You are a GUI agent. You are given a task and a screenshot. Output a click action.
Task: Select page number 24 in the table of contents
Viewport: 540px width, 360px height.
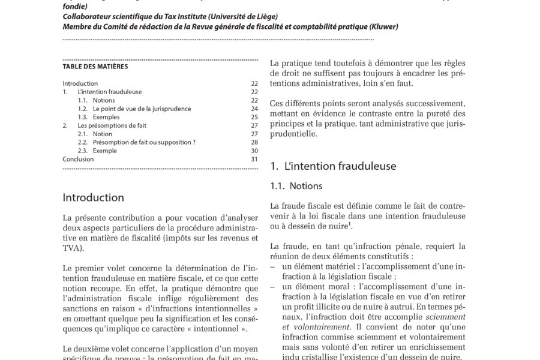pos(254,109)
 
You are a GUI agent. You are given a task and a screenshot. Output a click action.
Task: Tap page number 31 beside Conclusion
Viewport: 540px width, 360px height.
pos(254,159)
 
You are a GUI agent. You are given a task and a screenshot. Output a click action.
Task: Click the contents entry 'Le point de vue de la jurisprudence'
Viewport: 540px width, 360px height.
pos(142,109)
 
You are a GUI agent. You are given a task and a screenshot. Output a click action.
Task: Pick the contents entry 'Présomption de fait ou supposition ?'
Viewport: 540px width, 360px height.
pos(144,142)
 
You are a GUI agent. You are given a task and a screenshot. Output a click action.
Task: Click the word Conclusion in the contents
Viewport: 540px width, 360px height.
pos(78,159)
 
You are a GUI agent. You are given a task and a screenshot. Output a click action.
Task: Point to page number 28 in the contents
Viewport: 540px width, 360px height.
pos(254,142)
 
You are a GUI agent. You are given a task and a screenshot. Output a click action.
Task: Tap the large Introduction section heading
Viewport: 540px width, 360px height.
pos(93,197)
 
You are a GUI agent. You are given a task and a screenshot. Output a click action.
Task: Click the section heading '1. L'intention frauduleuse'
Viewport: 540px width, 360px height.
pos(333,166)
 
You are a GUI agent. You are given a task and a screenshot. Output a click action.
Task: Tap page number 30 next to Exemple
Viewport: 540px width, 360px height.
pos(254,151)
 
